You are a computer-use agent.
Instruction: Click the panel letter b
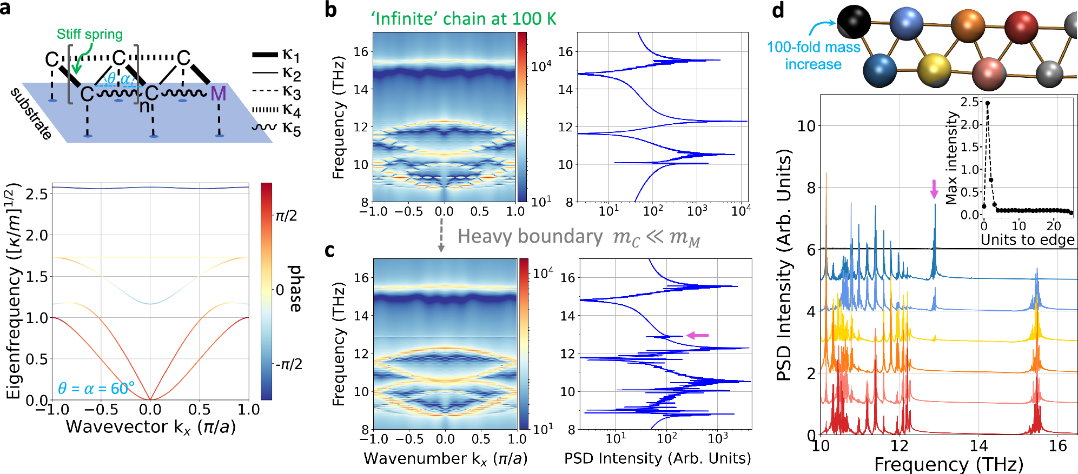[330, 10]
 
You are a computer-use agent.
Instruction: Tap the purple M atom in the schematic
[218, 94]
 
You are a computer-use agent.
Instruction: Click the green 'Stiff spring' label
[90, 34]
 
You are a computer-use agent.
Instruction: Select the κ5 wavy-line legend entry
[276, 128]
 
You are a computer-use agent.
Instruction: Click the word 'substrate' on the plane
[31, 114]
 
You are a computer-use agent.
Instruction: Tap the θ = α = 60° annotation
[96, 389]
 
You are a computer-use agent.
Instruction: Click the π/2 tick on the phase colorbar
[286, 216]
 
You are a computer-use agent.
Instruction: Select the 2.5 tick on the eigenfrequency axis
[36, 193]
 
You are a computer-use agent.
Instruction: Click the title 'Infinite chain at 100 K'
[463, 19]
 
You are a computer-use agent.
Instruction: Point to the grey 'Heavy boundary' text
[530, 237]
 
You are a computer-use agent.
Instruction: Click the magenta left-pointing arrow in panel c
[697, 336]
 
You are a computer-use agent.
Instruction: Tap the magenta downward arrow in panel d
[934, 189]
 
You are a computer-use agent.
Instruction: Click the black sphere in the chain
[854, 22]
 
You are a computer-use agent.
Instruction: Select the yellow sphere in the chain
[934, 69]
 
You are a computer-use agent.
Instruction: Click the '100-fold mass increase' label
[814, 56]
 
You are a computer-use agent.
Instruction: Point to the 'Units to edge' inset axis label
[1027, 240]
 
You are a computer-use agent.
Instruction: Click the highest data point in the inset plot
[987, 103]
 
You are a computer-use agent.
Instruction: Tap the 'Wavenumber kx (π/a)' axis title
[445, 459]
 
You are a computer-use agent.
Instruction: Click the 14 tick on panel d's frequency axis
[978, 446]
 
